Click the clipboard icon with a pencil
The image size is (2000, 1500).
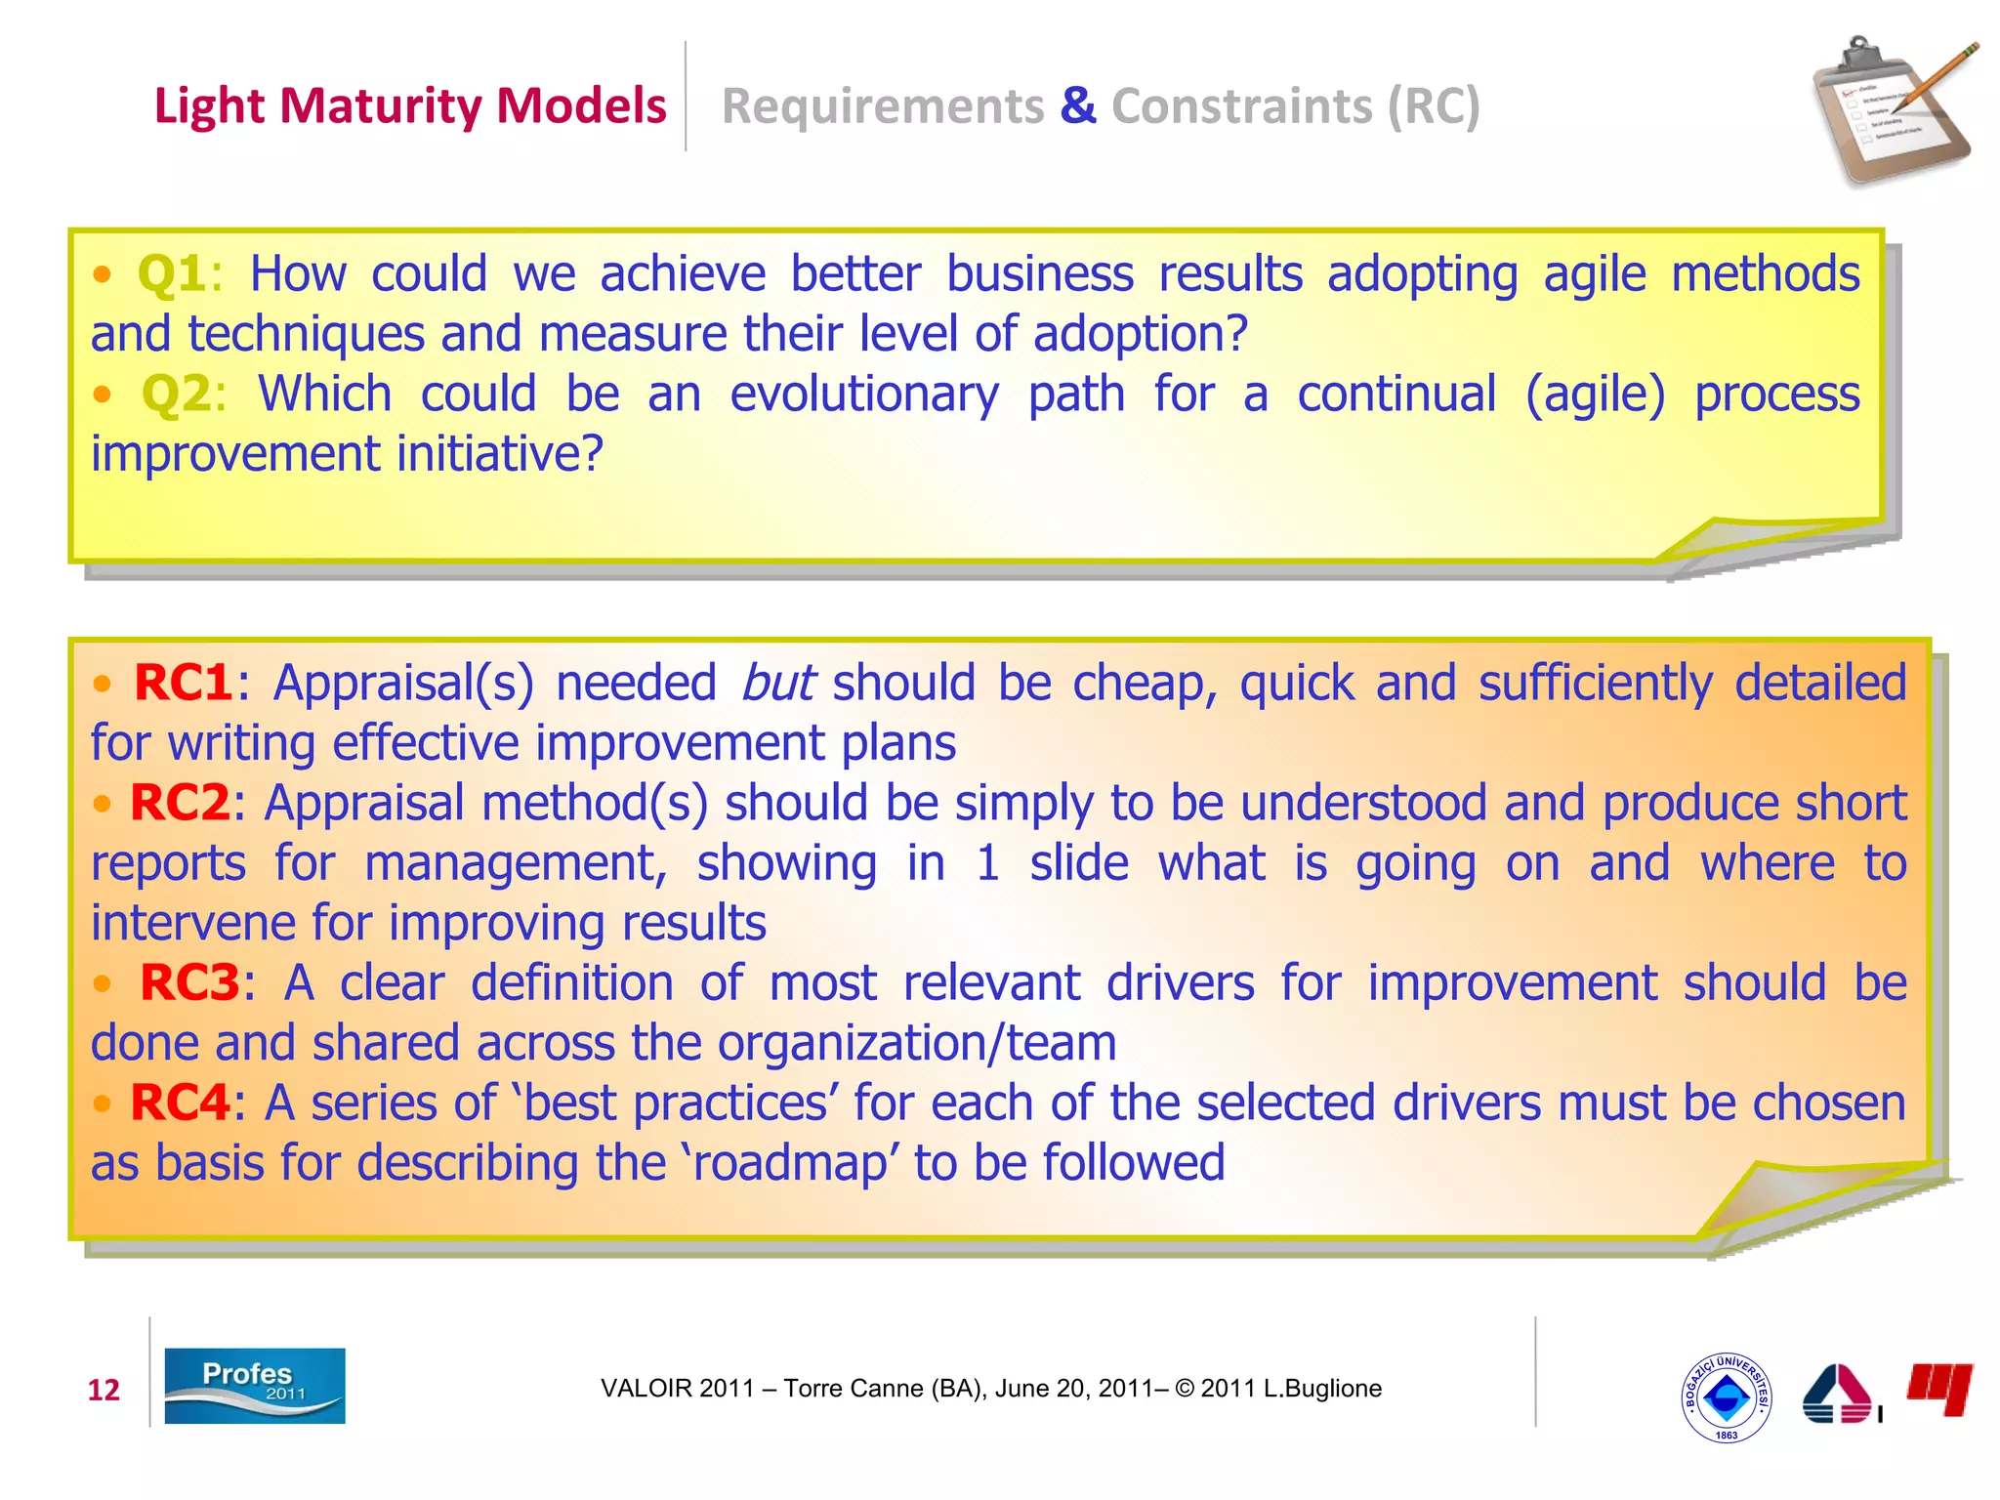(1890, 112)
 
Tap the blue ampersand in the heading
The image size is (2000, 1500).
(1077, 105)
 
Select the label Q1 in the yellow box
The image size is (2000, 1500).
(172, 273)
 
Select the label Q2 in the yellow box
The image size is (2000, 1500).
(176, 395)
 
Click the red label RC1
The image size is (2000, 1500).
(183, 682)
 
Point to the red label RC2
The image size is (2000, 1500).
(180, 803)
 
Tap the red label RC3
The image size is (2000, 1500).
(189, 982)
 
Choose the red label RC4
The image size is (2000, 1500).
(180, 1103)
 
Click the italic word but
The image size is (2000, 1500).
(777, 682)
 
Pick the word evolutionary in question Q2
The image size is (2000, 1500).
(864, 395)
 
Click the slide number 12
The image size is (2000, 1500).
(104, 1390)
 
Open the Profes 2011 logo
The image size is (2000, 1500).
(254, 1385)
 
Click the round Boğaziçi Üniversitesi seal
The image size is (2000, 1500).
(1726, 1397)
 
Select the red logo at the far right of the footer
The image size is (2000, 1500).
(1939, 1388)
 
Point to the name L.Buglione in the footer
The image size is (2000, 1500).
(1322, 1389)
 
